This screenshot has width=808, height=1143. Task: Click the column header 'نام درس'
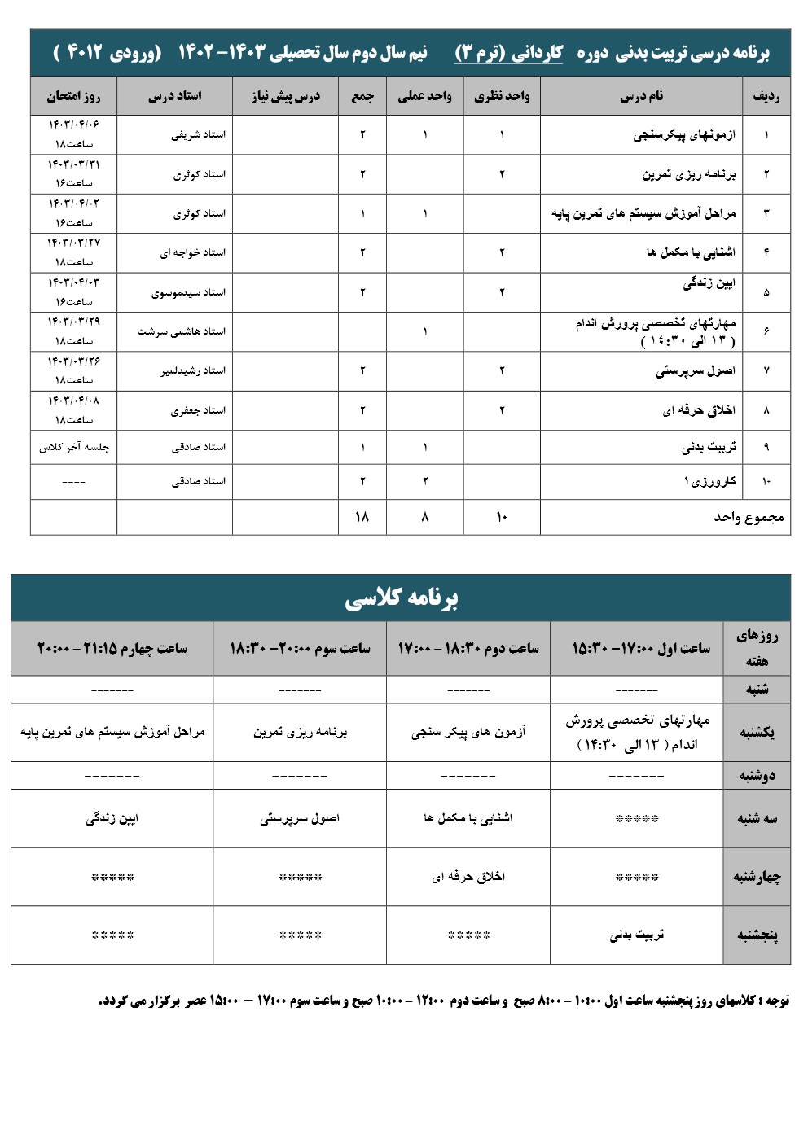tap(641, 96)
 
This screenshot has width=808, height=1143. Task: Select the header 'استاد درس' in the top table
tap(174, 96)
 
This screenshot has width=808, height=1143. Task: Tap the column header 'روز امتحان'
tap(73, 96)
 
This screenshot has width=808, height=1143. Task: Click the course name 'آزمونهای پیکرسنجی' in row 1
tap(683, 134)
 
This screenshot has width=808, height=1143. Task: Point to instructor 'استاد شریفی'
tap(198, 134)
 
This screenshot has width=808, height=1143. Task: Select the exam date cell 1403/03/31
tap(73, 173)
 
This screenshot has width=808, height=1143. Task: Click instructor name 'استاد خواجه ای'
tap(192, 252)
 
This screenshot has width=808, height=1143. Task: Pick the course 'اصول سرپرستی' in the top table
tap(695, 370)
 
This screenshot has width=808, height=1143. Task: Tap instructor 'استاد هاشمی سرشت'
tap(181, 331)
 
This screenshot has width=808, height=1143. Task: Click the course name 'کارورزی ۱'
tap(709, 481)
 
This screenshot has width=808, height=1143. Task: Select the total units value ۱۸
tap(362, 516)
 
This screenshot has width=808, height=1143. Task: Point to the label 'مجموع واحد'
tap(749, 517)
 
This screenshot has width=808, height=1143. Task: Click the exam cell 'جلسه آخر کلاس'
tap(73, 447)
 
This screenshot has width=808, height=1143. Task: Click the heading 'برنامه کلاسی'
tap(401, 598)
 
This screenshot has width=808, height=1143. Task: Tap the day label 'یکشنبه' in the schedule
tap(757, 733)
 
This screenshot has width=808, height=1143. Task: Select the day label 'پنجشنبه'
tap(757, 935)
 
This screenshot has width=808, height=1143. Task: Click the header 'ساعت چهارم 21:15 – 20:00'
tap(112, 648)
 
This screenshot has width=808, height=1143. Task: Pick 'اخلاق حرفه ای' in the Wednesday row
tap(468, 877)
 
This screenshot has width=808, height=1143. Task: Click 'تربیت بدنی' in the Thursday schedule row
tap(636, 935)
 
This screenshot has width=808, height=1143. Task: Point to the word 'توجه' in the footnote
tap(777, 1001)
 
